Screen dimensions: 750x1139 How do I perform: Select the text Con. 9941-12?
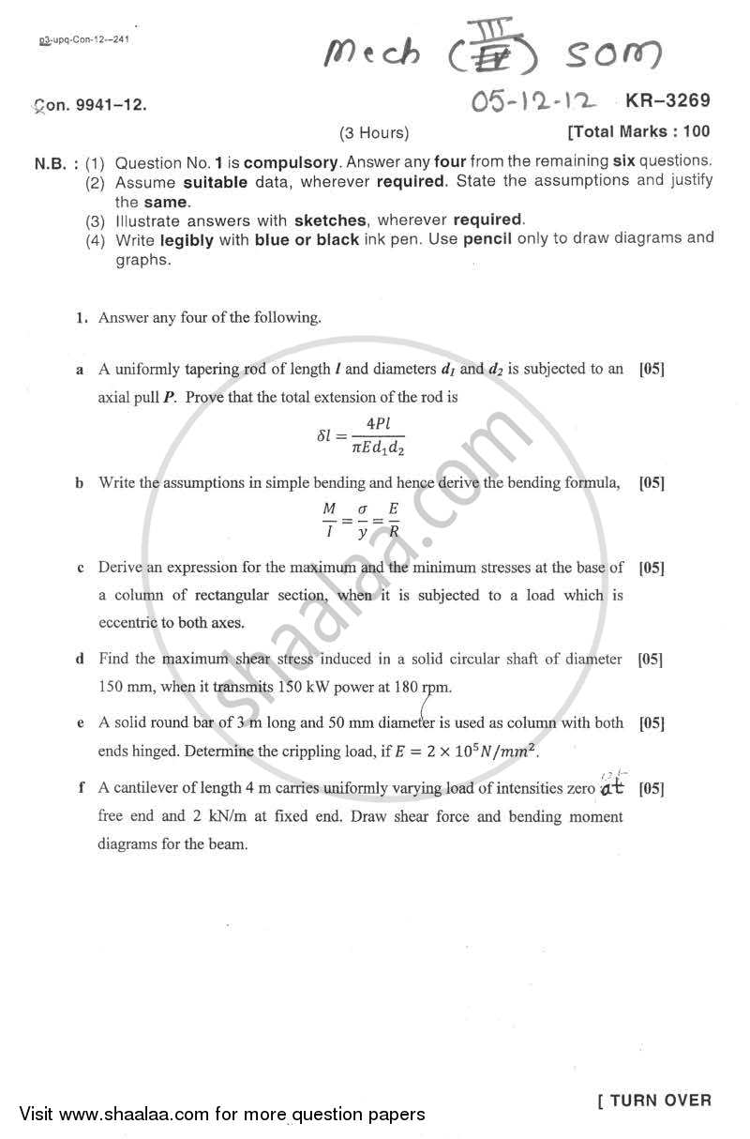pos(90,106)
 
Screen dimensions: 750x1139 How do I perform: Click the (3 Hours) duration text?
pos(374,132)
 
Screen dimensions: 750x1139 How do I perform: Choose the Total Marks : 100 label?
pos(639,132)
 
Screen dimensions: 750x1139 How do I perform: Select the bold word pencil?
pos(491,239)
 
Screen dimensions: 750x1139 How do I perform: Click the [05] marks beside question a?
pos(651,369)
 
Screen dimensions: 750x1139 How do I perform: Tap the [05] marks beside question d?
pos(651,659)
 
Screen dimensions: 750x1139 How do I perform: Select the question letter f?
pos(81,787)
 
